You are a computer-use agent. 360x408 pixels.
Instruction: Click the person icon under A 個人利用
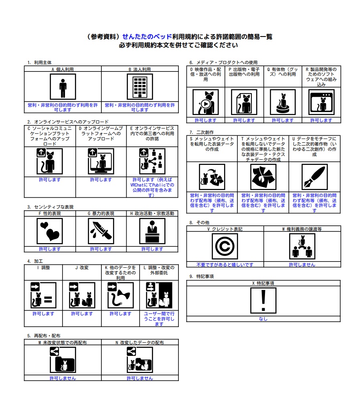pyautogui.click(x=63, y=87)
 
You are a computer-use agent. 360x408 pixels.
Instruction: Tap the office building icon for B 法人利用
pyautogui.click(x=140, y=87)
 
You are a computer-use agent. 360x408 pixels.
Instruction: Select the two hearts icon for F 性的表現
pyautogui.click(x=50, y=231)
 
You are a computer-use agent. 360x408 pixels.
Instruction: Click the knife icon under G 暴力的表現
pyautogui.click(x=101, y=231)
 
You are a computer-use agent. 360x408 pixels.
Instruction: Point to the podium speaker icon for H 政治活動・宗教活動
pyautogui.click(x=152, y=231)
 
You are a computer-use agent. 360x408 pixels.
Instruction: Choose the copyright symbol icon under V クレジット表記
pyautogui.click(x=225, y=246)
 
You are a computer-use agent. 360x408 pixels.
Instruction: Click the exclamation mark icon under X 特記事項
pyautogui.click(x=263, y=300)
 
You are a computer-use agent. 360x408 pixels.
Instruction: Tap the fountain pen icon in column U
pyautogui.click(x=315, y=177)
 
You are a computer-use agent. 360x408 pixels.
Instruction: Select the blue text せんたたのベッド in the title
pyautogui.click(x=147, y=37)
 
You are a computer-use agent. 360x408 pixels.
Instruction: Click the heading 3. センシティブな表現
pyautogui.click(x=51, y=207)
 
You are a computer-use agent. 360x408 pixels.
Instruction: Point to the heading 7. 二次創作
pyautogui.click(x=202, y=132)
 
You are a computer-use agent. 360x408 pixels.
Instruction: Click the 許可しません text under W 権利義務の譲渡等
pyautogui.click(x=302, y=265)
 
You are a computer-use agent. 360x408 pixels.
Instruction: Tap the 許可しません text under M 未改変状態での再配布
pyautogui.click(x=63, y=378)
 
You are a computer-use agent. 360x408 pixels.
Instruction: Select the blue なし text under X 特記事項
pyautogui.click(x=263, y=319)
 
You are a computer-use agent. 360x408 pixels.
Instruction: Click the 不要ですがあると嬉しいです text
pyautogui.click(x=225, y=265)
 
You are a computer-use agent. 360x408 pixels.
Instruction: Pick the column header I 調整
pyautogui.click(x=43, y=268)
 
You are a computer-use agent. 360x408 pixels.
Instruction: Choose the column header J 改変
pyautogui.click(x=82, y=268)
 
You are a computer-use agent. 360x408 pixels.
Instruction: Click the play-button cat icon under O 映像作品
pyautogui.click(x=206, y=102)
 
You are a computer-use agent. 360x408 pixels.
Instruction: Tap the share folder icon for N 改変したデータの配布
pyautogui.click(x=140, y=360)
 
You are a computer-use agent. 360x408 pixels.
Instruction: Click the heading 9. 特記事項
pyautogui.click(x=202, y=276)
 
